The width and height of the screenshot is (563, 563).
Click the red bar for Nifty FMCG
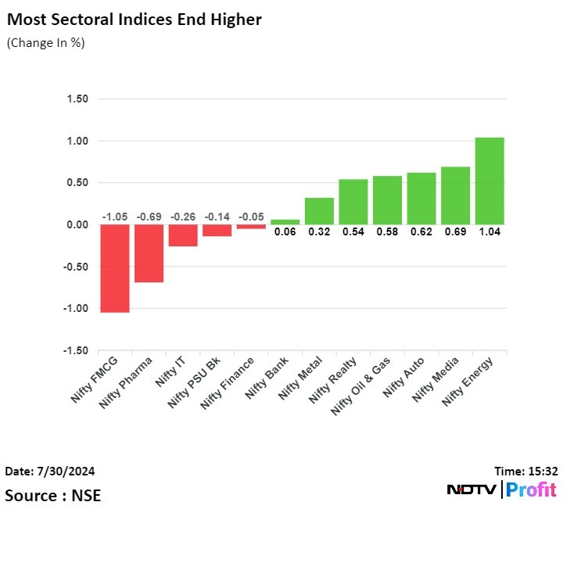click(115, 268)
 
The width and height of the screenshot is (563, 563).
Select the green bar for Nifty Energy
click(489, 181)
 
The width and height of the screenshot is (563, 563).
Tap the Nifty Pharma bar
click(149, 253)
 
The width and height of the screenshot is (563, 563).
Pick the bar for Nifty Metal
click(319, 211)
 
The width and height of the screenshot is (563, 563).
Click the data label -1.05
click(115, 216)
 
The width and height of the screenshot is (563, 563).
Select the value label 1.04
click(489, 232)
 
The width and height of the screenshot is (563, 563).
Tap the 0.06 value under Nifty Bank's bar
click(285, 232)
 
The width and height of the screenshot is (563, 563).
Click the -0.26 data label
click(183, 216)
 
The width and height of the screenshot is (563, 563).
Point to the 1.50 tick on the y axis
click(77, 99)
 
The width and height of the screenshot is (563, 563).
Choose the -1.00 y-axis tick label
click(76, 309)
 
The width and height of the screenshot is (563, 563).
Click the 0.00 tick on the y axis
click(77, 225)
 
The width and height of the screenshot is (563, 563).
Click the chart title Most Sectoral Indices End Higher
click(133, 20)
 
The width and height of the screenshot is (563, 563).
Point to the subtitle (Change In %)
click(45, 43)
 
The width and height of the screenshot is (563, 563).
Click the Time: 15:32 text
click(525, 472)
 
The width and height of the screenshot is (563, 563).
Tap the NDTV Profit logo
click(501, 490)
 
